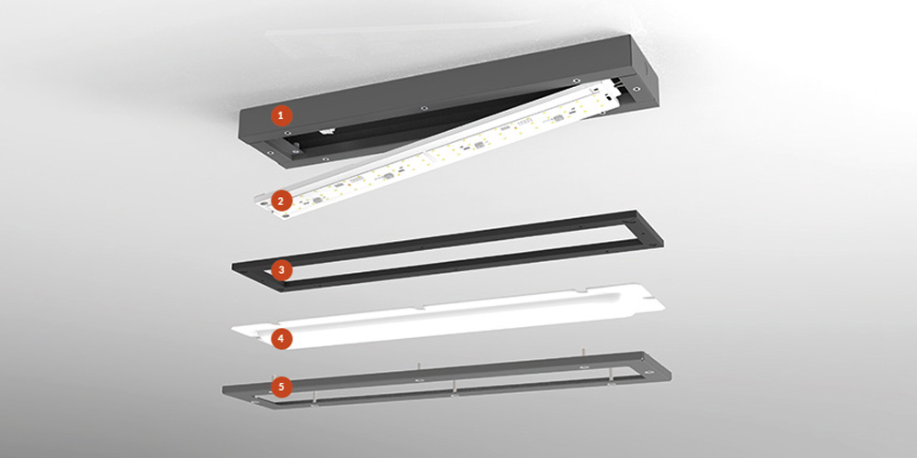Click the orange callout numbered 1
[282, 115]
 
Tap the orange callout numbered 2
[282, 202]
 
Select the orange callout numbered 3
[282, 270]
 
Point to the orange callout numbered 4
[282, 338]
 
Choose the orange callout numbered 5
[282, 387]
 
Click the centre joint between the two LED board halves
[427, 152]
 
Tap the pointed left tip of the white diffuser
[234, 330]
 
